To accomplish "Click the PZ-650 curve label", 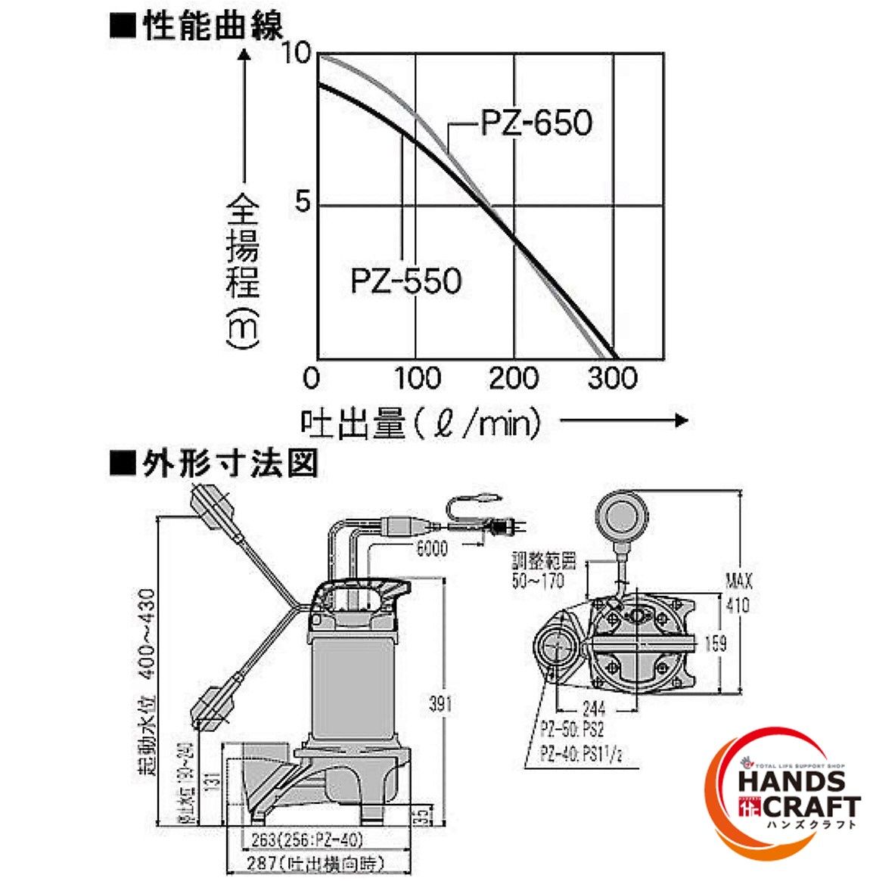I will pos(536,123).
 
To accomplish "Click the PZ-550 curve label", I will pos(406,281).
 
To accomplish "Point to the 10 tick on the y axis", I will pos(296,54).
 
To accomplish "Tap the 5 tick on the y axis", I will pos(303,204).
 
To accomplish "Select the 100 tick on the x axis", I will pos(417,377).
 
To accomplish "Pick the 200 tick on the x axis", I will pos(514,377).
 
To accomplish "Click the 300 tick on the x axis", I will pos(612,377).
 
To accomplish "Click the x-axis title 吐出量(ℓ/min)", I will pos(422,423).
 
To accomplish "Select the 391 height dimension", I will pos(440,703).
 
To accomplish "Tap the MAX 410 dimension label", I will pos(738,594).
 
